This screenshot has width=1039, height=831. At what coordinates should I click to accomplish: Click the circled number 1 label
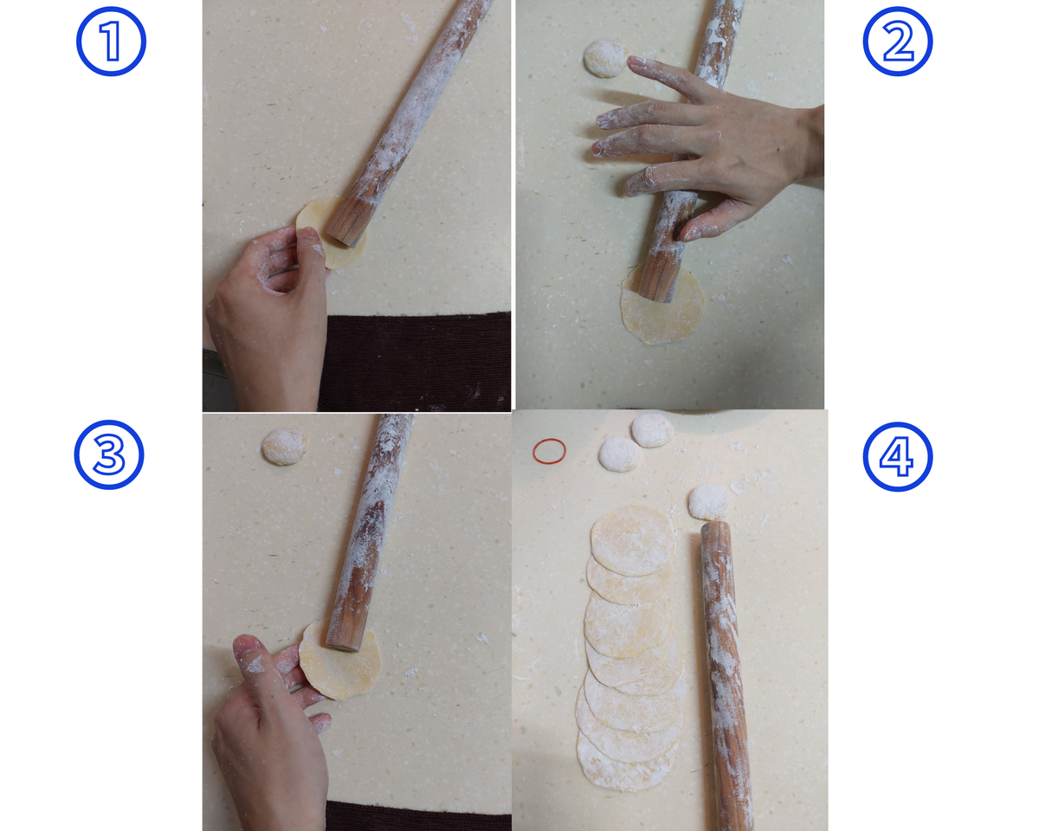(x=111, y=42)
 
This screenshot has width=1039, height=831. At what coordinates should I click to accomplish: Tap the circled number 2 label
(x=898, y=42)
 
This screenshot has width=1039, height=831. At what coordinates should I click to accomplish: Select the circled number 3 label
(x=109, y=454)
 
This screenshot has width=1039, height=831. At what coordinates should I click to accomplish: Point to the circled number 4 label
(x=898, y=457)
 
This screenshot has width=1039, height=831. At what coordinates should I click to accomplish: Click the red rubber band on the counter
(x=549, y=452)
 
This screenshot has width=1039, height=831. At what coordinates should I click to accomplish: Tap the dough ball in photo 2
(x=606, y=58)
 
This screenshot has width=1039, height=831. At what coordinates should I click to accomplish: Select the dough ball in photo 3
(x=284, y=447)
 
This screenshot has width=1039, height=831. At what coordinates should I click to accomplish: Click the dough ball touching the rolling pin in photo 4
(x=709, y=501)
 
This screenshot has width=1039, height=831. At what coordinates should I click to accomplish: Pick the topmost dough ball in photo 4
(x=652, y=429)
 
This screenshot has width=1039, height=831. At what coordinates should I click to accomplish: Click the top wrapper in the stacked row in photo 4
(x=632, y=540)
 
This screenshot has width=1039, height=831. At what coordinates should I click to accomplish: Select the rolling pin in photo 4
(x=726, y=676)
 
